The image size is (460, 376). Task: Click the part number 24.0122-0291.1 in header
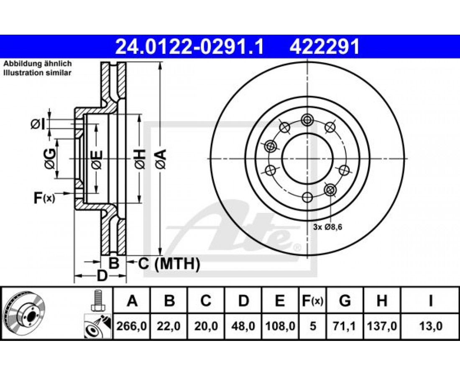(x=189, y=47)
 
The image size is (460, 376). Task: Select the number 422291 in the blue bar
(x=325, y=47)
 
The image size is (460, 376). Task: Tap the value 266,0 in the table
(x=132, y=326)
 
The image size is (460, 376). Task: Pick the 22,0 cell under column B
(x=169, y=326)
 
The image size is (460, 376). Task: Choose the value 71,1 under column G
(x=345, y=326)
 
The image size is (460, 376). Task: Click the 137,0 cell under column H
(x=382, y=326)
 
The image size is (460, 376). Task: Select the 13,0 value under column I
(x=430, y=326)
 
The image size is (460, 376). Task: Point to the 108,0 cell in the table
(x=280, y=326)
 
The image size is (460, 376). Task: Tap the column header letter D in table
(x=243, y=301)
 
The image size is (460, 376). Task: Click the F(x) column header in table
(x=312, y=301)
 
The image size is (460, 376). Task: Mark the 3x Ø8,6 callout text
(x=328, y=227)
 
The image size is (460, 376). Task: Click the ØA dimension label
(x=161, y=159)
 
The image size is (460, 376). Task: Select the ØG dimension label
(x=49, y=159)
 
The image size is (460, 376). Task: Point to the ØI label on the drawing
(x=38, y=124)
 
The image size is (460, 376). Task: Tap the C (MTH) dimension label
(x=169, y=264)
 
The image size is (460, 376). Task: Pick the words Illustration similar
(x=37, y=73)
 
